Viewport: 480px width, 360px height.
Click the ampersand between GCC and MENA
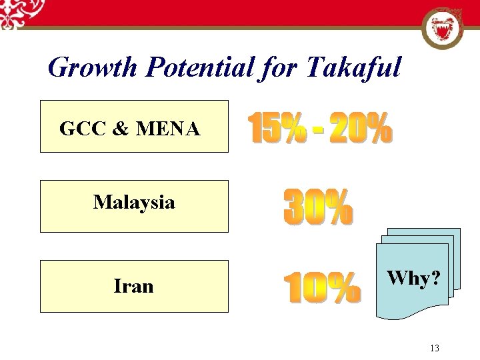pyautogui.click(x=121, y=129)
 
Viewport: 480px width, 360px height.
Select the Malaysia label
pyautogui.click(x=134, y=202)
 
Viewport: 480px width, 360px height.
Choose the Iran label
pyautogui.click(x=133, y=286)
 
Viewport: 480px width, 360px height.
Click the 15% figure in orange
pyautogui.click(x=277, y=129)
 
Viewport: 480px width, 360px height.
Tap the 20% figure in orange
pyautogui.click(x=360, y=129)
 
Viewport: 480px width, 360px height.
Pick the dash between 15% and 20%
pyautogui.click(x=319, y=132)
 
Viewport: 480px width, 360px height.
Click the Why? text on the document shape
pyautogui.click(x=413, y=278)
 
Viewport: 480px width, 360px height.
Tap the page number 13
pyautogui.click(x=435, y=348)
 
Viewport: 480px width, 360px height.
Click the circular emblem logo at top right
pyautogui.click(x=442, y=28)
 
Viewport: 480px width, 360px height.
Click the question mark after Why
pyautogui.click(x=435, y=278)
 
